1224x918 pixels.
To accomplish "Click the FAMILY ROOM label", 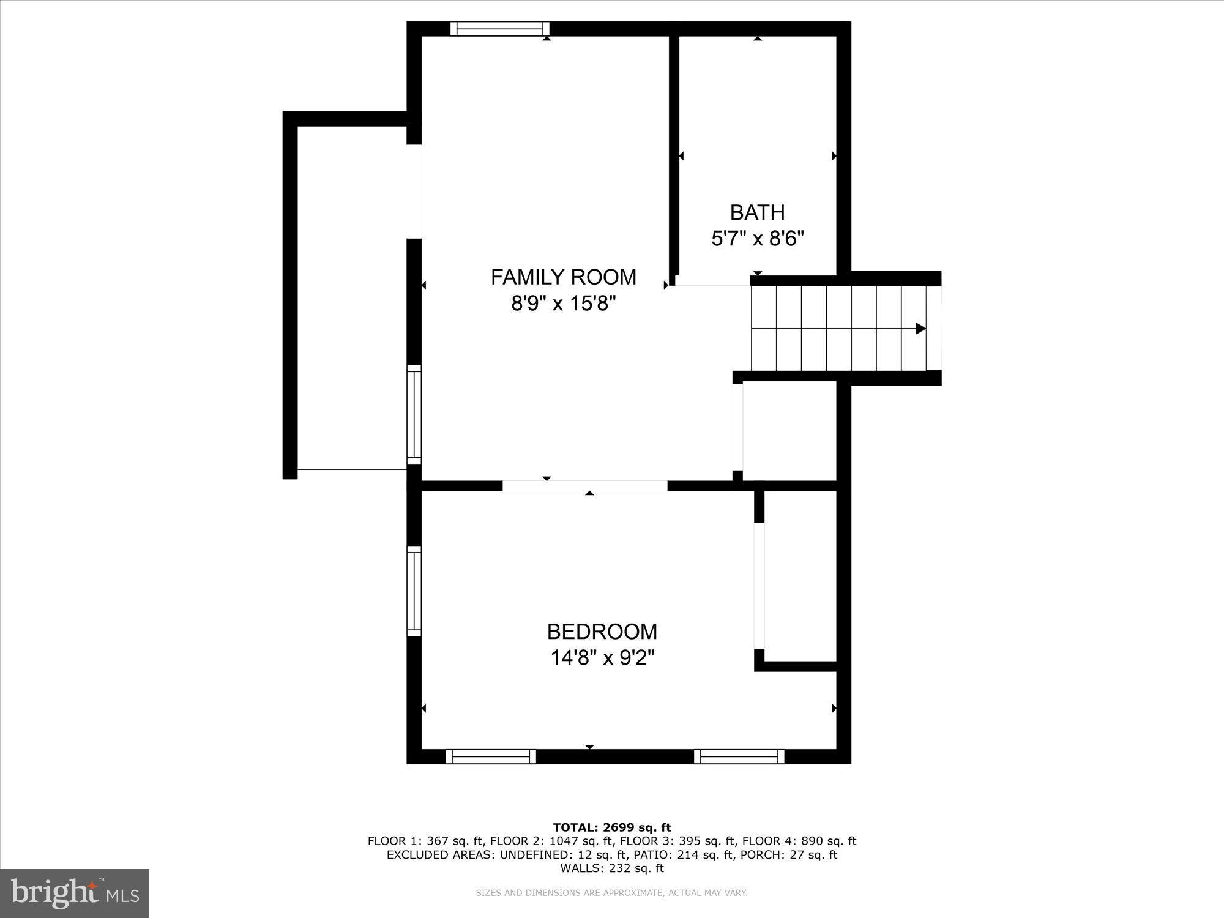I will (563, 277).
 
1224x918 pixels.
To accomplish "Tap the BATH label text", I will (757, 212).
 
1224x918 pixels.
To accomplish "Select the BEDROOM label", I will (602, 632).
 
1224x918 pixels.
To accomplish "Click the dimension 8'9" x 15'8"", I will (563, 303).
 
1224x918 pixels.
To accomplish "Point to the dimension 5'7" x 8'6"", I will (757, 238).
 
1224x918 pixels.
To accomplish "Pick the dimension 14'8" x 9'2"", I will (602, 658).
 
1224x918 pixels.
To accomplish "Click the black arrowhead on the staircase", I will (920, 329).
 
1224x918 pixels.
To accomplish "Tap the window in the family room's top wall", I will (500, 29).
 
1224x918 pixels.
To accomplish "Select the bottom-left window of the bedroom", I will (491, 756).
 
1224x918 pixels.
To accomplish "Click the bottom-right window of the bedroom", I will (739, 756).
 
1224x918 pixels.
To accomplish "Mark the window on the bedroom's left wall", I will (414, 591).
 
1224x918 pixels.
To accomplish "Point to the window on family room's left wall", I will (414, 414).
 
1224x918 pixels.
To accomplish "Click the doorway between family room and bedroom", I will (584, 486).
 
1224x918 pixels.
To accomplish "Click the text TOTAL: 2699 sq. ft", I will (612, 828).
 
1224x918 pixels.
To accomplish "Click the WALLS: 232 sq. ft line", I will (612, 868).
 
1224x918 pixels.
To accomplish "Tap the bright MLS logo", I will (75, 893).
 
